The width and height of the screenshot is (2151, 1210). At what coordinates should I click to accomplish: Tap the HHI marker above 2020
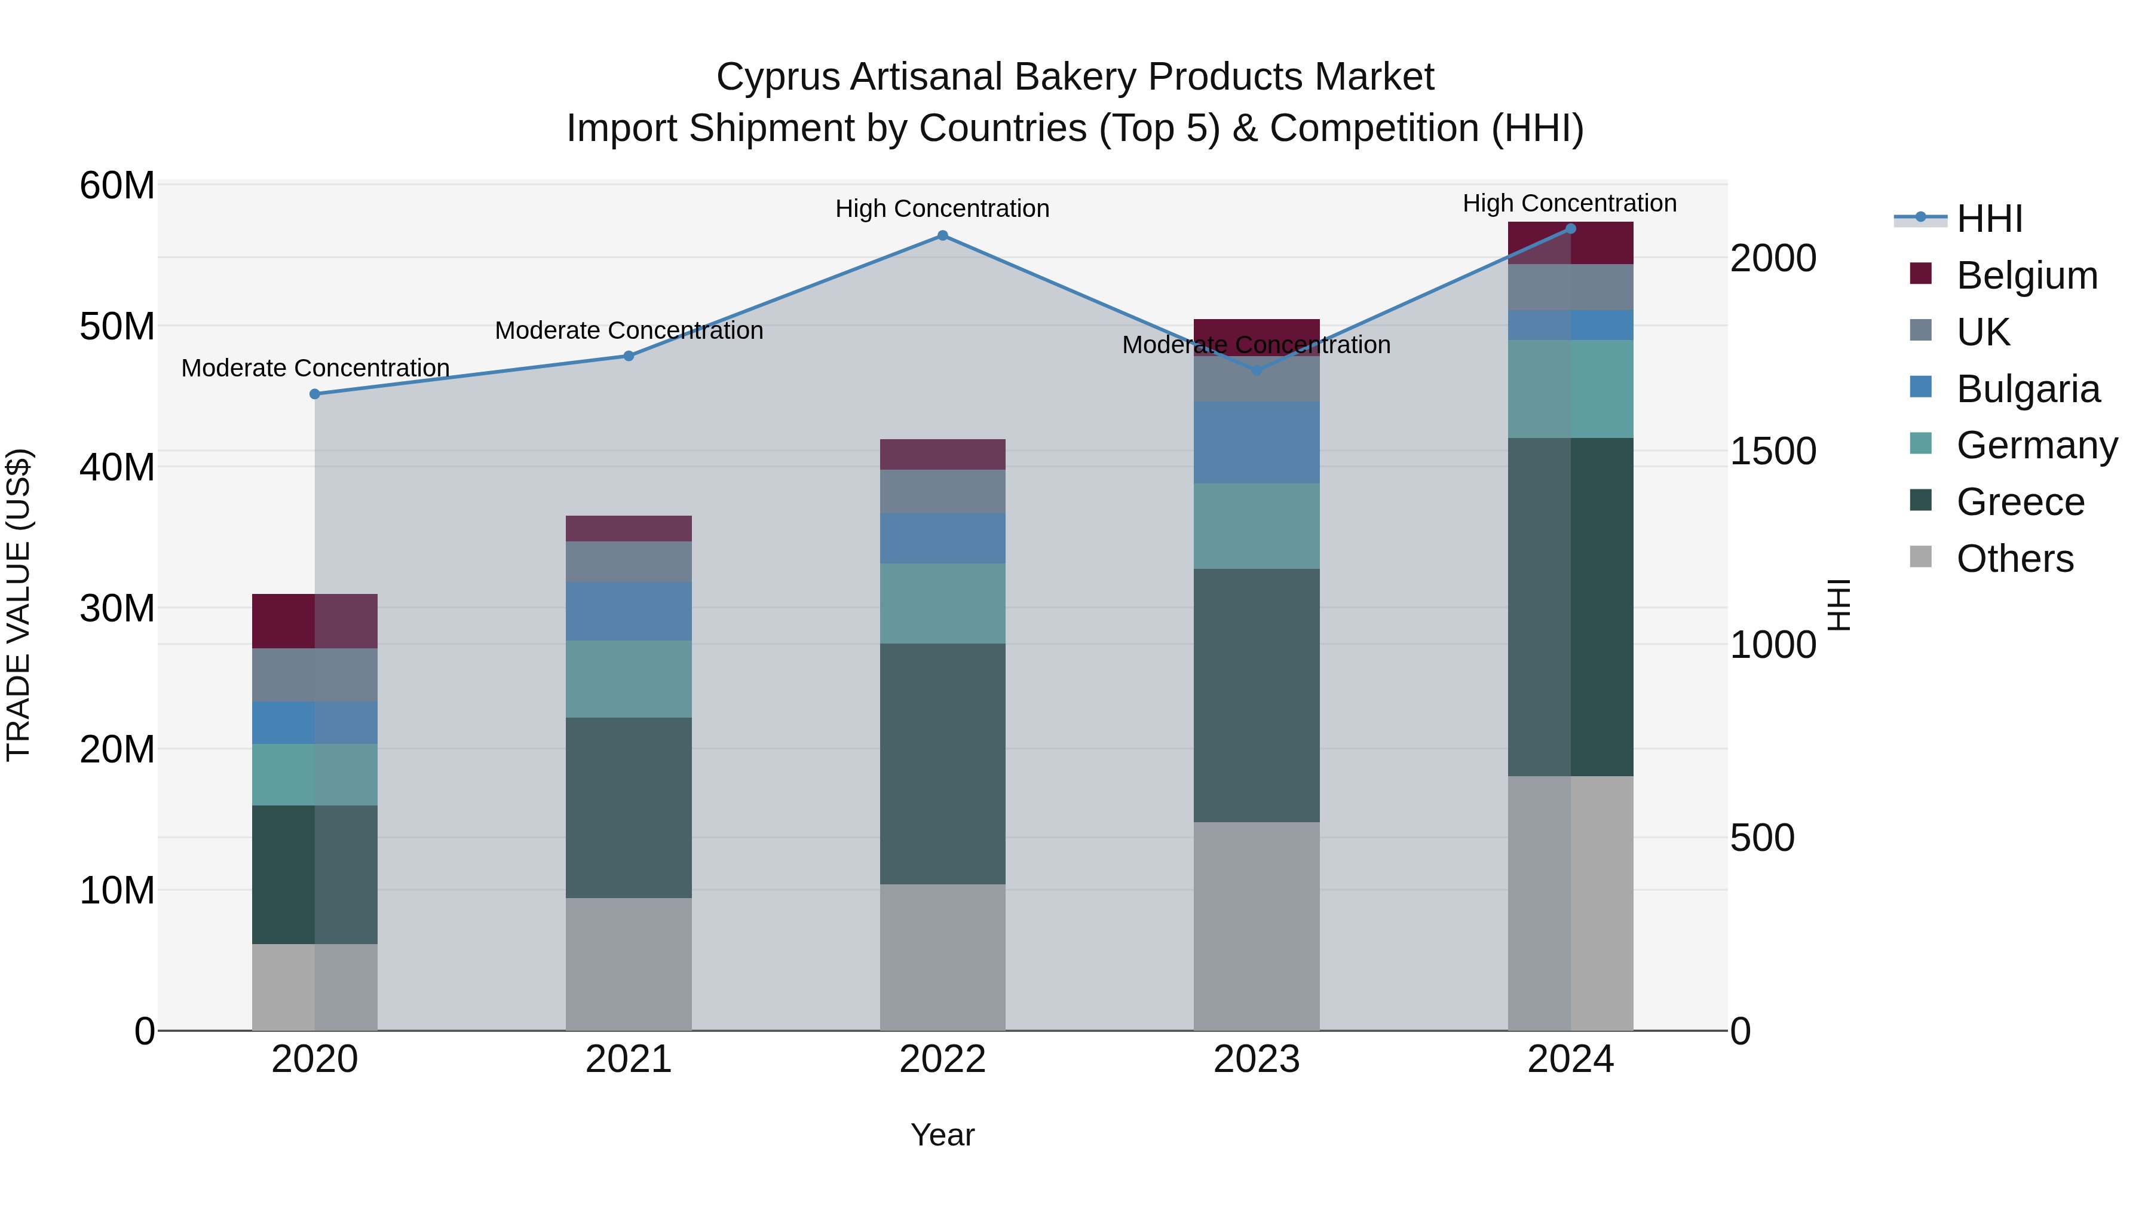315,394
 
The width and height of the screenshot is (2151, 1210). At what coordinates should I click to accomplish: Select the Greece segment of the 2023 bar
1256,695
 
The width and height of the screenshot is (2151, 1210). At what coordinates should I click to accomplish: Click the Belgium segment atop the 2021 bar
628,529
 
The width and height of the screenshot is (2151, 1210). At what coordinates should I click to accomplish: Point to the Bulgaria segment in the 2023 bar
1256,443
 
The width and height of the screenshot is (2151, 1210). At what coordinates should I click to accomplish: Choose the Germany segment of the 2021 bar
628,679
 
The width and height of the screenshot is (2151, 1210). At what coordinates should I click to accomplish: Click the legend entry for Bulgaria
2027,389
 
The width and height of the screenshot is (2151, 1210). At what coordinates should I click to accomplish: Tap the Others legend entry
2014,559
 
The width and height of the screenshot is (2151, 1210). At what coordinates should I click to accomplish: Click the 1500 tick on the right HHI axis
1772,451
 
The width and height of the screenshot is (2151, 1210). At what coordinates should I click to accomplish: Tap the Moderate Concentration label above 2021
628,330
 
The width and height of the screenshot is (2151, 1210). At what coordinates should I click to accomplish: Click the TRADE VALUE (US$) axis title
19,605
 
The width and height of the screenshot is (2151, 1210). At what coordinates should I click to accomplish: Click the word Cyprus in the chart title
777,77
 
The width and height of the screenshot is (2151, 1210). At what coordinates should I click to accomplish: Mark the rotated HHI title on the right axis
1840,605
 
